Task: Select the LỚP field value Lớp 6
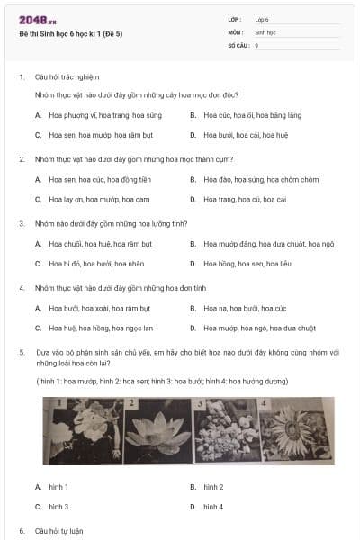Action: [x=262, y=19]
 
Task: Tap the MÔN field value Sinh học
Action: [x=265, y=31]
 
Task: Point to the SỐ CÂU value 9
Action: [x=256, y=44]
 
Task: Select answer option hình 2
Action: [x=213, y=487]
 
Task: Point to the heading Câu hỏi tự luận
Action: [x=59, y=531]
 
